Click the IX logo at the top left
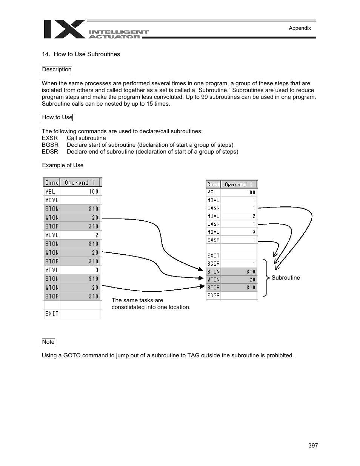point(65,29)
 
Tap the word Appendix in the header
point(300,28)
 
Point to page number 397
point(313,446)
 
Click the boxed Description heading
point(57,69)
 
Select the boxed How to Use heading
point(57,117)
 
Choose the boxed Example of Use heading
point(63,165)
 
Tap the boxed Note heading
point(48,342)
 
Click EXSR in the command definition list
point(50,138)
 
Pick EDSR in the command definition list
point(50,152)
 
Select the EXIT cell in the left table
point(52,314)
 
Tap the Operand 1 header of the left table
point(80,183)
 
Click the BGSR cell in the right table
point(213,264)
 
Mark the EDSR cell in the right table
point(213,295)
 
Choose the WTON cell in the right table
point(213,280)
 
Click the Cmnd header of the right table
point(213,185)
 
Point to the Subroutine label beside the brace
point(286,278)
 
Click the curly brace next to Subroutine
point(266,278)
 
